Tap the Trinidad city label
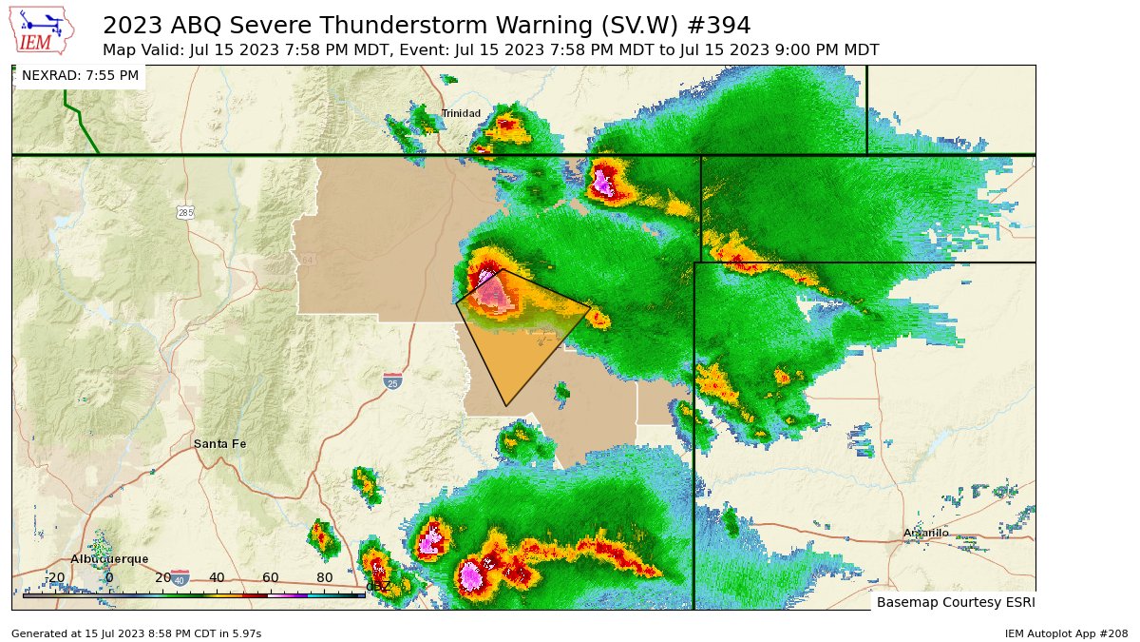click(x=461, y=114)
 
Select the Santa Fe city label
click(x=219, y=444)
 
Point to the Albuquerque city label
click(x=109, y=559)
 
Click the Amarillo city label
click(x=925, y=534)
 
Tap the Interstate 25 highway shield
click(x=393, y=381)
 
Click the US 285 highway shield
click(x=184, y=212)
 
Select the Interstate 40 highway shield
click(x=180, y=577)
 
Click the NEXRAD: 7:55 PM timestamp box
click(x=80, y=75)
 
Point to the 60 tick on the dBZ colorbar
click(x=271, y=578)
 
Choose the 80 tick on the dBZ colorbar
click(x=324, y=578)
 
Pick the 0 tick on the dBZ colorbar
click(x=109, y=578)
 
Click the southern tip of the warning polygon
click(x=506, y=406)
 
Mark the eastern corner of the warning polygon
click(x=591, y=305)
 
